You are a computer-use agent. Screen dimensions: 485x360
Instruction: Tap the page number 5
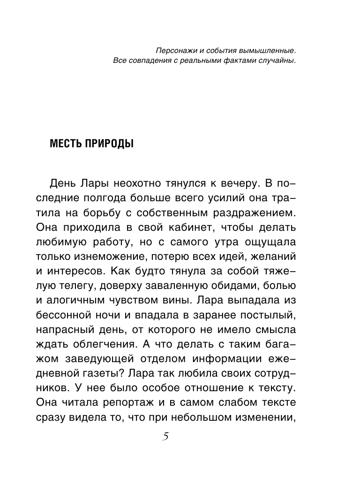[165, 437]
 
